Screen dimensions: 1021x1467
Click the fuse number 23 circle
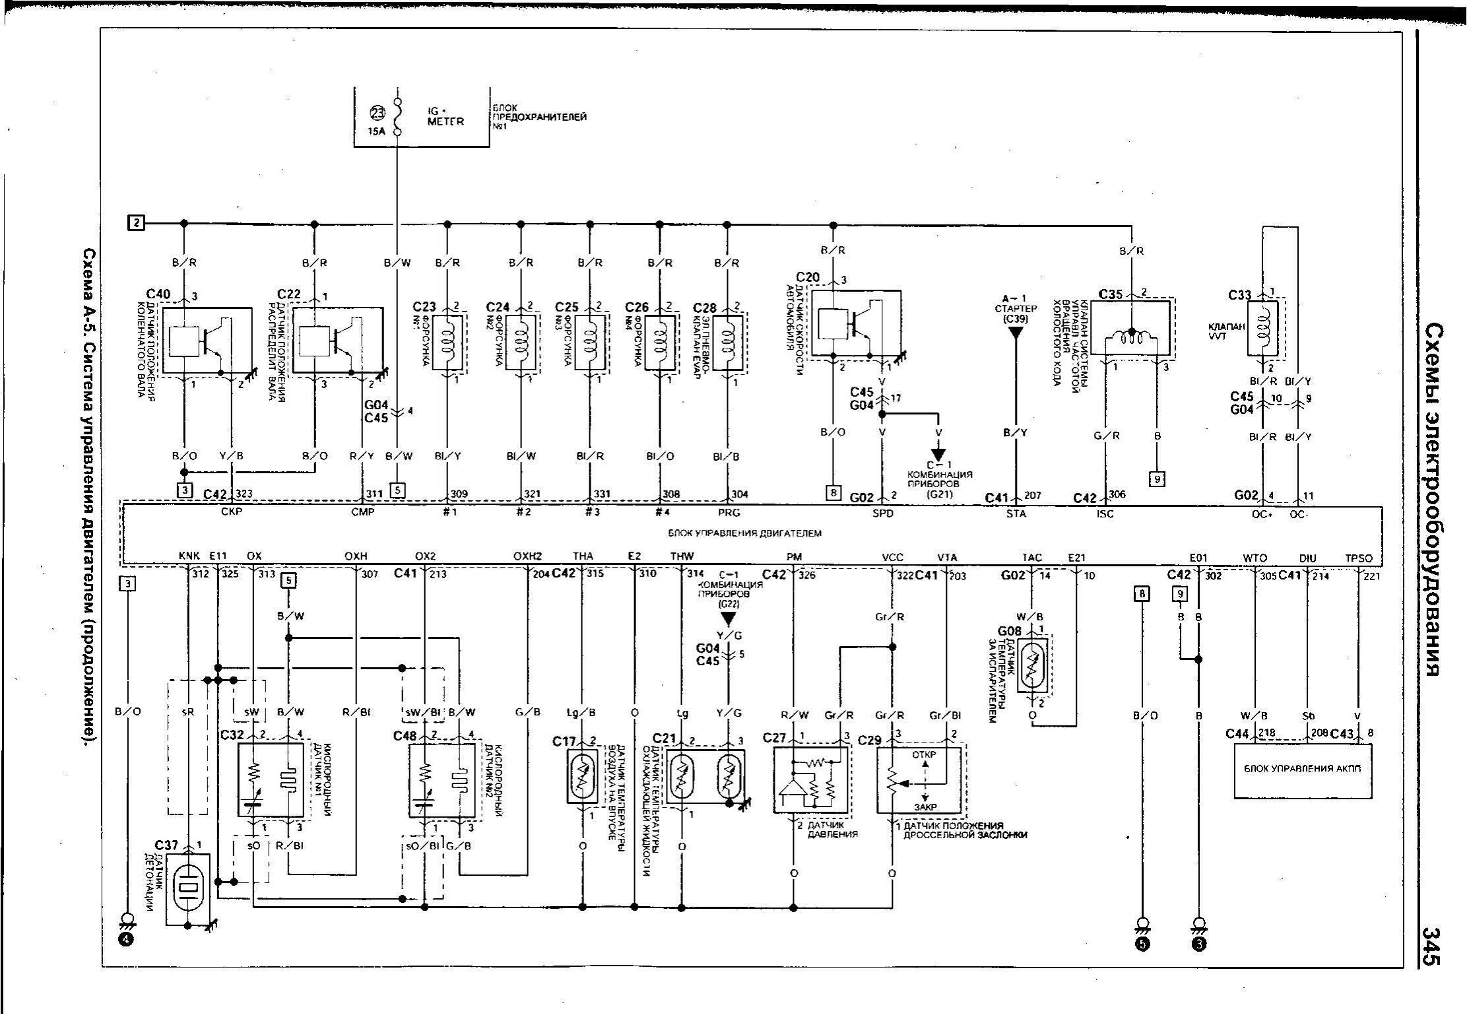pyautogui.click(x=377, y=114)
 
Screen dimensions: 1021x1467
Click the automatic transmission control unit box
pyautogui.click(x=1302, y=770)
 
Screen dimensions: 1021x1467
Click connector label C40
pyautogui.click(x=158, y=294)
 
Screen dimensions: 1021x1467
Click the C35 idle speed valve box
pyautogui.click(x=1130, y=328)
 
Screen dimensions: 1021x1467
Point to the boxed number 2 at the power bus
pyautogui.click(x=136, y=223)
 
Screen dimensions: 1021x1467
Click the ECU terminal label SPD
pyautogui.click(x=882, y=514)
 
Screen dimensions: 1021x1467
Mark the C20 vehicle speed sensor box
pyautogui.click(x=856, y=325)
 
